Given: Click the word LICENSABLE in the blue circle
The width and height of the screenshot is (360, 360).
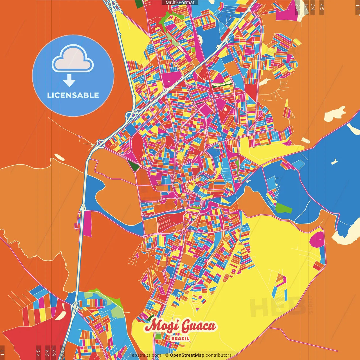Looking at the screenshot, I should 73,95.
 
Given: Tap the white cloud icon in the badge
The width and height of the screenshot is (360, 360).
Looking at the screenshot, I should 73,59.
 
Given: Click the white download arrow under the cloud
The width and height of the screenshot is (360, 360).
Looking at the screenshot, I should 69,81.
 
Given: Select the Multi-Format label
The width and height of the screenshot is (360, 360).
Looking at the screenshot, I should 180,3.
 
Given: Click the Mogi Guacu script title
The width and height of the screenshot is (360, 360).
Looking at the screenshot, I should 180,326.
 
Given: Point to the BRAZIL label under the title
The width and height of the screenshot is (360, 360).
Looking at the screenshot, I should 180,338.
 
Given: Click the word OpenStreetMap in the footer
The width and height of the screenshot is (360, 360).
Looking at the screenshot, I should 187,355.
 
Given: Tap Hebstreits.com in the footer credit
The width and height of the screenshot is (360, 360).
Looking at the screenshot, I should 145,355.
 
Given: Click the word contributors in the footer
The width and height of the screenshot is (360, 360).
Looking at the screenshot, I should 219,355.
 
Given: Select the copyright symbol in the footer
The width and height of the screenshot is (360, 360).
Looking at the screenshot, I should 167,355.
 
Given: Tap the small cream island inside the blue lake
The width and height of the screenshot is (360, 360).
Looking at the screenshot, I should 334,162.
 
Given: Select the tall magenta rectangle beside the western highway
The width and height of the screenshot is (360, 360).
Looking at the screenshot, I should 87,224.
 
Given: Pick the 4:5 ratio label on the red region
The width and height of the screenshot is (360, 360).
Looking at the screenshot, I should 38,352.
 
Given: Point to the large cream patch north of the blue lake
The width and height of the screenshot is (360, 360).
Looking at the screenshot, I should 335,114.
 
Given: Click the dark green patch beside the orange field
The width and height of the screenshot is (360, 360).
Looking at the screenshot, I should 134,166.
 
